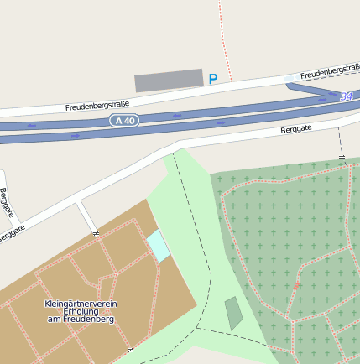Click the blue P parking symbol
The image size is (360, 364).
(213, 79)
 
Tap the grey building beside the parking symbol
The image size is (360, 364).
(169, 81)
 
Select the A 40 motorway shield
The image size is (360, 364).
(123, 121)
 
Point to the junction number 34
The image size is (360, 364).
(346, 97)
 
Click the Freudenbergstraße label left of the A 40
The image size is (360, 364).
(97, 107)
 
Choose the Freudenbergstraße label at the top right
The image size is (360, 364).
(330, 74)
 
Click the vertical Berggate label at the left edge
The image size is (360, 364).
(7, 203)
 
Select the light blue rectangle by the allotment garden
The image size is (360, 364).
(158, 247)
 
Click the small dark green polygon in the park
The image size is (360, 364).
(233, 313)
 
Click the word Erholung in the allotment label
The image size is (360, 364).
(81, 311)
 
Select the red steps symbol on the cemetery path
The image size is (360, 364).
(296, 287)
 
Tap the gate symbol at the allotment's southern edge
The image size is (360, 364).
(130, 349)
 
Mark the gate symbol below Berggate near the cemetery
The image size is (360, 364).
(342, 156)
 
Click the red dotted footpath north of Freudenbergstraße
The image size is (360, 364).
(222, 34)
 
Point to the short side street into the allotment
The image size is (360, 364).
(86, 216)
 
